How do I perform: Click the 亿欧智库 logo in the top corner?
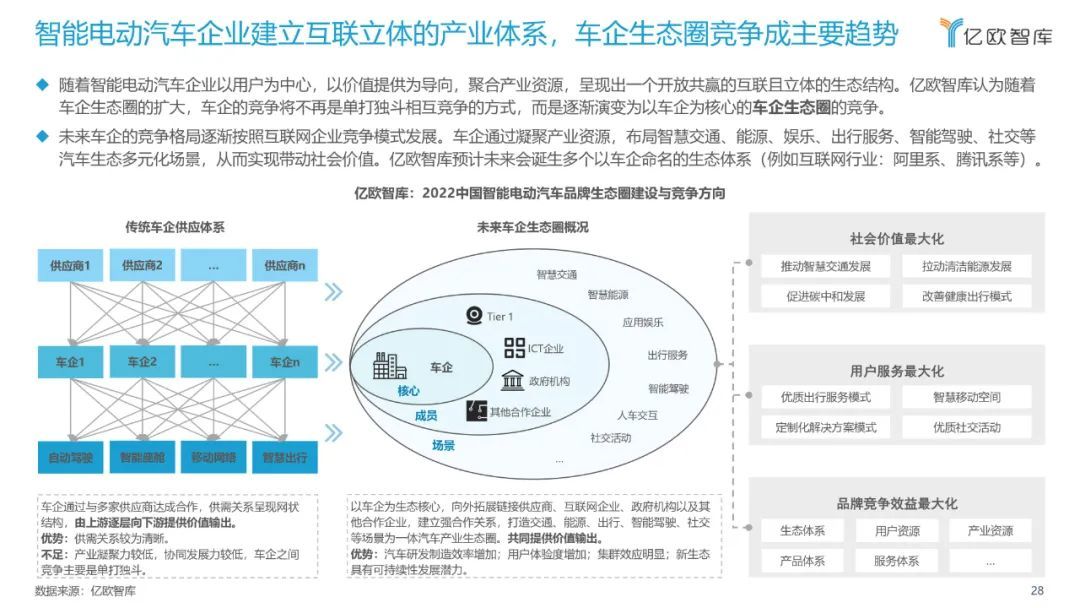(x=995, y=33)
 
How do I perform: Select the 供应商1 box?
(x=70, y=266)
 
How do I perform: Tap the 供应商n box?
(x=284, y=266)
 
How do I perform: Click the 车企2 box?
(x=141, y=362)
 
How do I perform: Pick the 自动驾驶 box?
(x=70, y=458)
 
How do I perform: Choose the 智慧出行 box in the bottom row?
(x=284, y=458)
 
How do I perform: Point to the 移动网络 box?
(x=213, y=458)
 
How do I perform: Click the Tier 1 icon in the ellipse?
(x=474, y=316)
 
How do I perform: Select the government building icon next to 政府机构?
(x=514, y=381)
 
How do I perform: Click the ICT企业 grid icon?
(x=514, y=348)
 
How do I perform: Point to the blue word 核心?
(x=408, y=391)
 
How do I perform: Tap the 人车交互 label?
(x=637, y=414)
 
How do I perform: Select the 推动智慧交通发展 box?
(x=825, y=266)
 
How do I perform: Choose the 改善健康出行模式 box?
(x=967, y=296)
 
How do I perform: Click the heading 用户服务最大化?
(x=896, y=371)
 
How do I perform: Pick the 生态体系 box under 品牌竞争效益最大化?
(x=802, y=531)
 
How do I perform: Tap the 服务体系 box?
(x=896, y=561)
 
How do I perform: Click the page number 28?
(x=1037, y=590)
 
